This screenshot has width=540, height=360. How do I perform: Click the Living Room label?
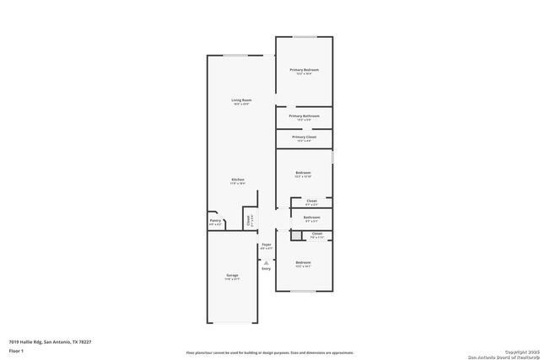tap(243, 100)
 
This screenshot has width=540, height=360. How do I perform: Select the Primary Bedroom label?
tap(304, 69)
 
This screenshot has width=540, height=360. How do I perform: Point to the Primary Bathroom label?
tap(304, 116)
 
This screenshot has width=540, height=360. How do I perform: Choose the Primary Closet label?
tap(304, 137)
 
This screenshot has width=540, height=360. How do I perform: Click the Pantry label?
tap(215, 221)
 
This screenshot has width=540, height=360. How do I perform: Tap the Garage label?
tap(231, 275)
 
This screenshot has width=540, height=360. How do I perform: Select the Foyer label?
tap(266, 245)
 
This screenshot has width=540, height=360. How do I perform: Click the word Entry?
tap(266, 269)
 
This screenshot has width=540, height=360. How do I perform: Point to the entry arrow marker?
tap(266, 262)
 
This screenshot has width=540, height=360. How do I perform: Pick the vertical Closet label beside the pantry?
tap(248, 220)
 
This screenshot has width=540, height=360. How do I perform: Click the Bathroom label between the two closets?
tap(311, 218)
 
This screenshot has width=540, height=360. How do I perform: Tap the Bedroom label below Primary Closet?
tap(304, 173)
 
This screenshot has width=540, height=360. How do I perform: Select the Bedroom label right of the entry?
tap(304, 263)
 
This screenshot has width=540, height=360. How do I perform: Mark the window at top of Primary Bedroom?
tap(304, 36)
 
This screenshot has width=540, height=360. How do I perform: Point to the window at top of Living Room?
tap(235, 56)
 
